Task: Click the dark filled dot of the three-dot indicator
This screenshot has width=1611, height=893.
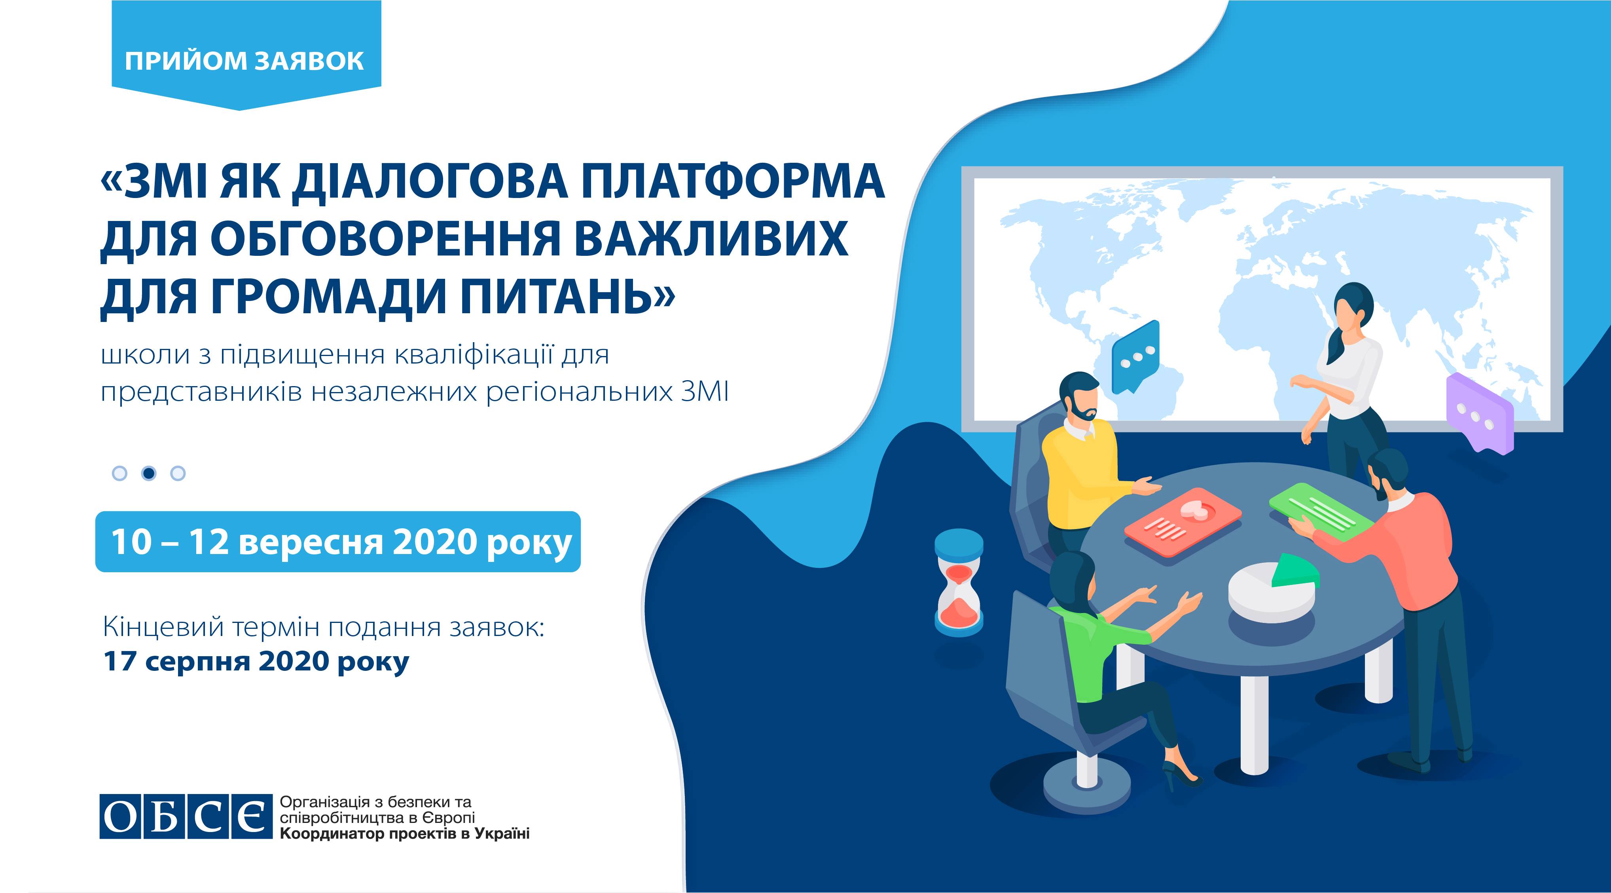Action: coord(149,473)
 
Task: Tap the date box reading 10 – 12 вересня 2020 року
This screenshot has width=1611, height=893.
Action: coord(338,541)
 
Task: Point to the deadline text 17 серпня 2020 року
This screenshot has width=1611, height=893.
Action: coord(256,661)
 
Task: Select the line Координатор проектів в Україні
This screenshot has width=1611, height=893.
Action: coord(405,834)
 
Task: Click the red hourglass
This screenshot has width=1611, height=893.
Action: coord(959,582)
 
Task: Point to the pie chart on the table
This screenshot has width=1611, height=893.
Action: coord(1273,588)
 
